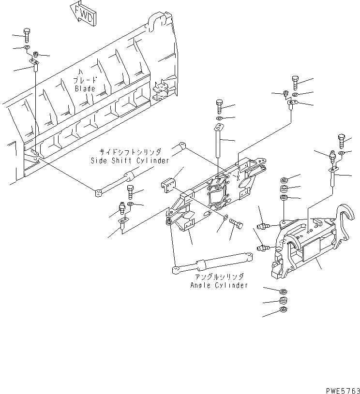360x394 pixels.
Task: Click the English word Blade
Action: pyautogui.click(x=85, y=89)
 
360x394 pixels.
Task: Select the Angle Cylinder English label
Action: pyautogui.click(x=219, y=285)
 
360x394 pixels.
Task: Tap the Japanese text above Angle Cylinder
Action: pyautogui.click(x=220, y=277)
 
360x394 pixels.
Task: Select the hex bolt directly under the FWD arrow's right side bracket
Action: pyautogui.click(x=295, y=82)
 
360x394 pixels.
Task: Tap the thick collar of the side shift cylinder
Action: pyautogui.click(x=130, y=176)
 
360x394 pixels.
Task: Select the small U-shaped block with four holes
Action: pyautogui.click(x=168, y=186)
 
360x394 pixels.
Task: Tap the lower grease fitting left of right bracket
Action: pyautogui.click(x=262, y=248)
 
